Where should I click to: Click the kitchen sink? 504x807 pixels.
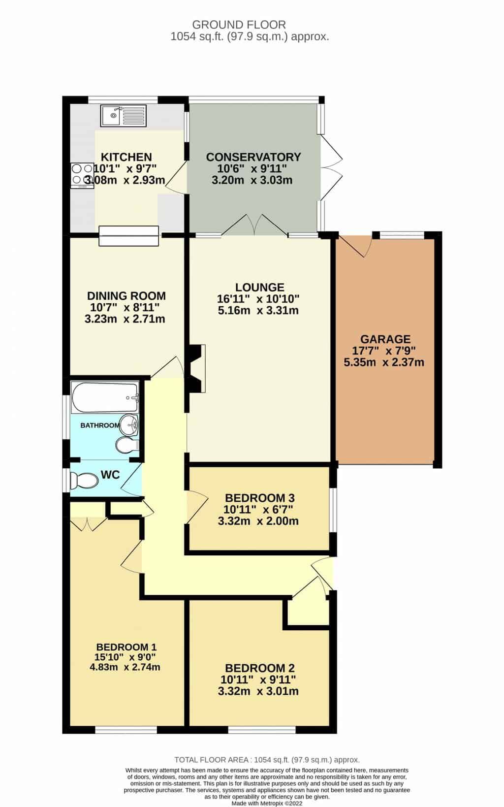123,116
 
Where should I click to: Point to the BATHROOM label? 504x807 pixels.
100,425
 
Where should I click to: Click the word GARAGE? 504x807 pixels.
385,339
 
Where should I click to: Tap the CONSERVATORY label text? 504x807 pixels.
253,157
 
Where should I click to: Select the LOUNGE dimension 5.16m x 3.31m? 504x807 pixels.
258,311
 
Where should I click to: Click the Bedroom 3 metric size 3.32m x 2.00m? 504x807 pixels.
258,521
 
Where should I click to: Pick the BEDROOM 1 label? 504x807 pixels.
126,647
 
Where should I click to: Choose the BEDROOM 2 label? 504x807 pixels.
259,668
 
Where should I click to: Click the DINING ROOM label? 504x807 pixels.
126,296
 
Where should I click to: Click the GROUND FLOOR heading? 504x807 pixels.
239,24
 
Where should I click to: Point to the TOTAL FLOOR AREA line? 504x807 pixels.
267,760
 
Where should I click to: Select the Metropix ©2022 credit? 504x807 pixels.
267,803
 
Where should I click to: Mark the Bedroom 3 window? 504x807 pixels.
333,512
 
